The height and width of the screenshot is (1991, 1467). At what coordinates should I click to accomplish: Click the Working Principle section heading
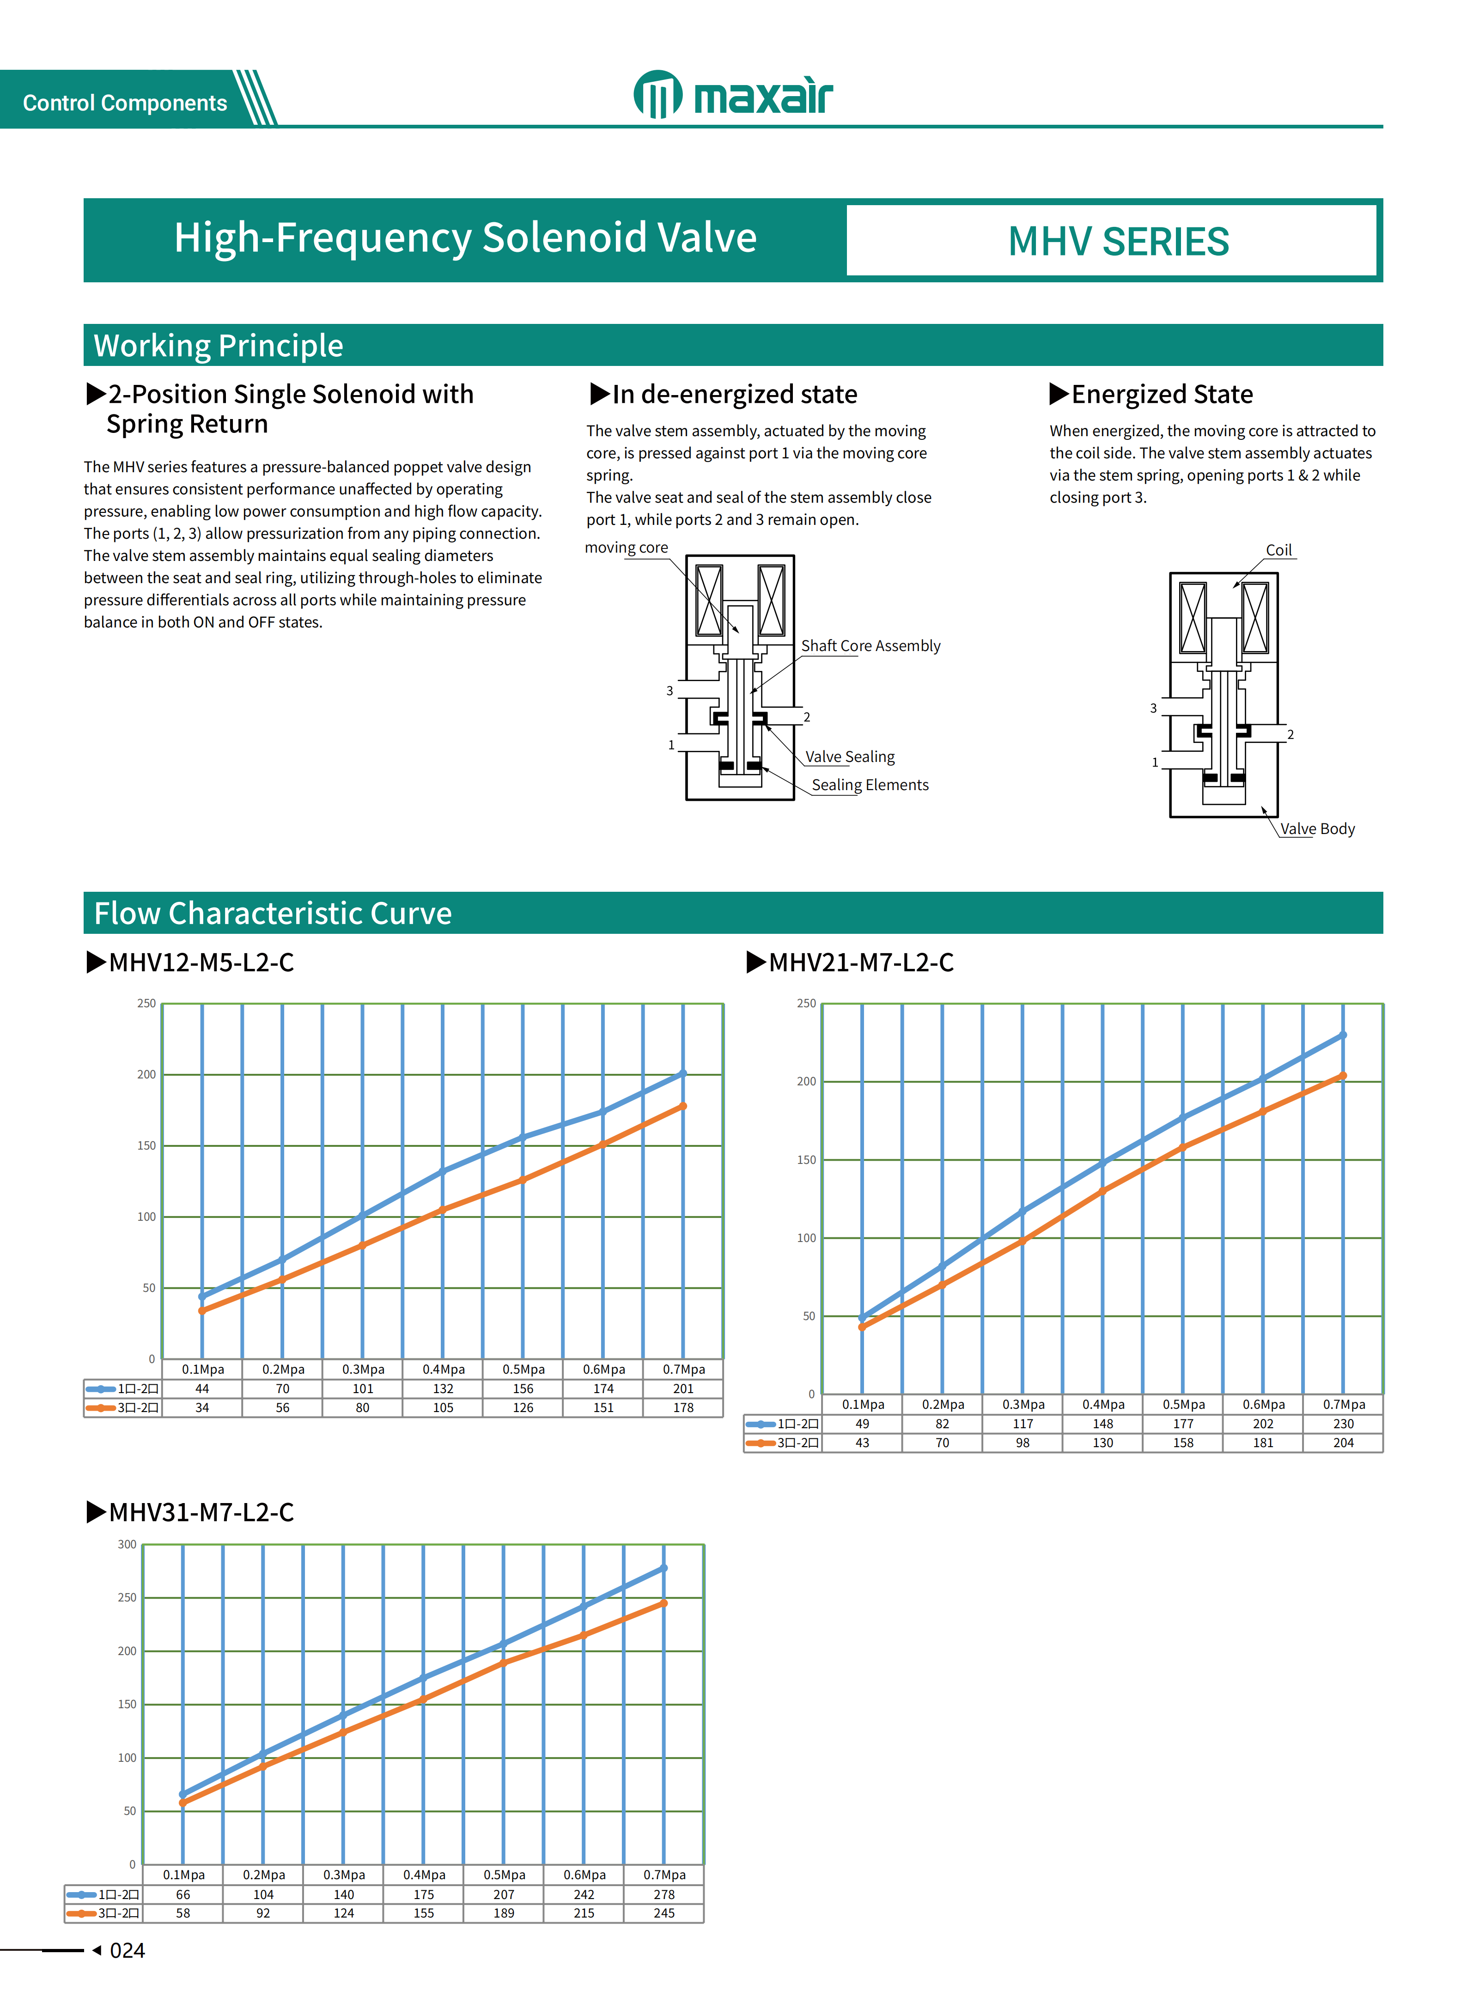click(219, 346)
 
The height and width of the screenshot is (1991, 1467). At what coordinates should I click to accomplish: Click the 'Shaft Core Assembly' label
click(870, 645)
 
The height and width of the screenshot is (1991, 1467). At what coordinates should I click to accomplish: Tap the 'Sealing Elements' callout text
click(870, 785)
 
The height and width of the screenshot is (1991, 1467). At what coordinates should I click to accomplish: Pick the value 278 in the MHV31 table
click(664, 1894)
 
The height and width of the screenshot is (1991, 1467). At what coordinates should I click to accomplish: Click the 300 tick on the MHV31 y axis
click(127, 1544)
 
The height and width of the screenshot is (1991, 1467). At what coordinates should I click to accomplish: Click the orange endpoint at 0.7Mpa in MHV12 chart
click(683, 1107)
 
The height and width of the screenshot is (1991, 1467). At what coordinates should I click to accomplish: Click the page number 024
click(127, 1950)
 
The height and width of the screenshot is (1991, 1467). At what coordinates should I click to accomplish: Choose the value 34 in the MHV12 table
click(202, 1407)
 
